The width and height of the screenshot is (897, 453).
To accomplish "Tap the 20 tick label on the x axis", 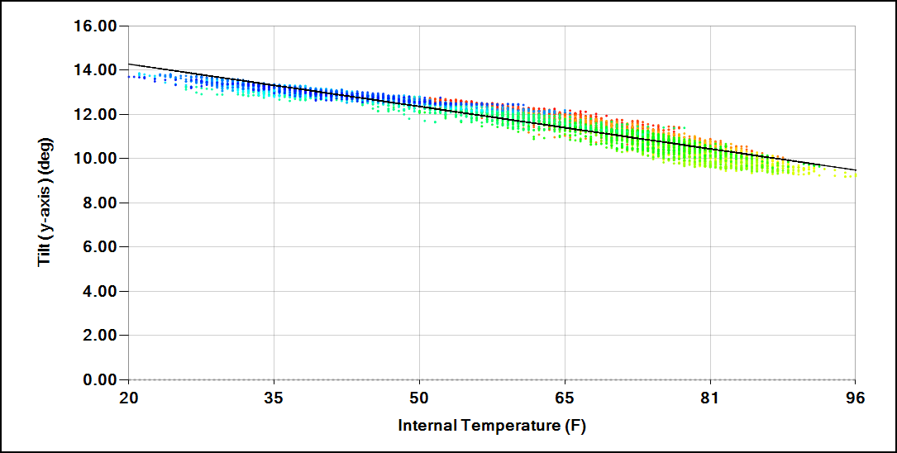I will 128,398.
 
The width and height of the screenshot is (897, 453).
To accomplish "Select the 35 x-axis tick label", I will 274,398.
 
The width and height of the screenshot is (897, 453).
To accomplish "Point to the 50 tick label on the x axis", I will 419,398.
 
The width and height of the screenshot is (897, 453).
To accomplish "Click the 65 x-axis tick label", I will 565,398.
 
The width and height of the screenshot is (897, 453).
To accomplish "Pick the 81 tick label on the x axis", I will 710,398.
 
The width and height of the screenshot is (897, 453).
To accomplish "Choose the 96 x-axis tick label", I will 855,398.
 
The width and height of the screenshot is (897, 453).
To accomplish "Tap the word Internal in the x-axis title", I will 427,426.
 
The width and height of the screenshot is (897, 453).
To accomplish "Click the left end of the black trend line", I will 129,64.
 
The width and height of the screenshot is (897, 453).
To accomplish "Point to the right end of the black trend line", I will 855,169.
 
